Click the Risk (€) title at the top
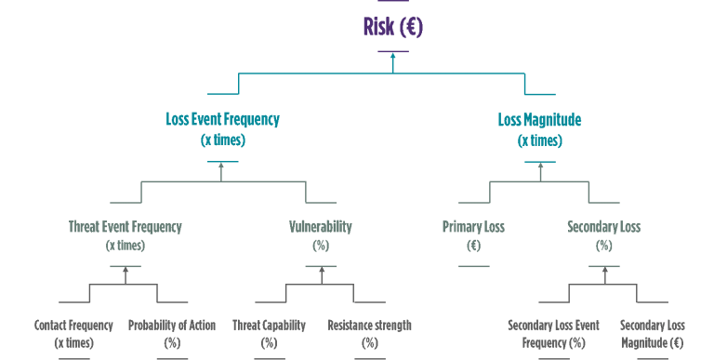click(392, 27)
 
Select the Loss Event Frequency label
click(222, 120)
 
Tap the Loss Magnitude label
click(539, 120)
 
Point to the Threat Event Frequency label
click(126, 226)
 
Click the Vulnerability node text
click(321, 226)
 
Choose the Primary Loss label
click(472, 226)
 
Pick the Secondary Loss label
click(603, 226)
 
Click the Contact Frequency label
click(73, 326)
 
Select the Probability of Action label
click(171, 326)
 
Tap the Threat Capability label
click(269, 326)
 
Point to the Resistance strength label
click(369, 326)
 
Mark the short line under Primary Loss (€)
click(473, 266)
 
